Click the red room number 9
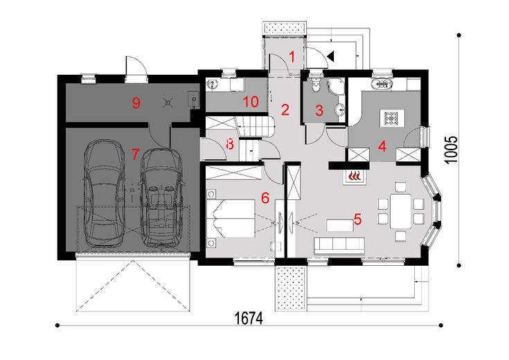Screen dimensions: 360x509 click(136, 103)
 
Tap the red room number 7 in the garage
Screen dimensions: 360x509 click(136, 151)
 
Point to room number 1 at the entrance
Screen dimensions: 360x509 click(292, 57)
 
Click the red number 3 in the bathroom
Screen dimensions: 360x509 click(319, 109)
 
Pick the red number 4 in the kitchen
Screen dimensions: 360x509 click(382, 147)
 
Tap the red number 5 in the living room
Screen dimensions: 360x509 click(357, 219)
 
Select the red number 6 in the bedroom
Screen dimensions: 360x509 click(265, 197)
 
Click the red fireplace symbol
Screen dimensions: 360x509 click(355, 176)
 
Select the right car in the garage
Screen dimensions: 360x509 click(161, 197)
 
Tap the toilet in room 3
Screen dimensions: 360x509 click(316, 87)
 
